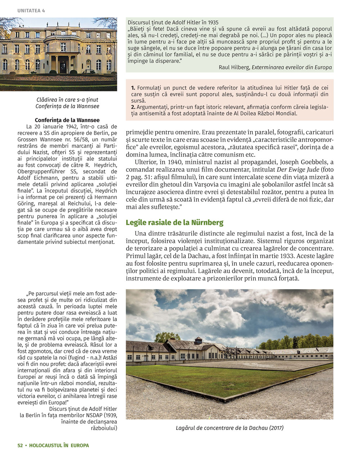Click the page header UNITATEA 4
click(x=31, y=11)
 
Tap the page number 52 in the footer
click(x=20, y=445)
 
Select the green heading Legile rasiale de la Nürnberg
click(x=174, y=223)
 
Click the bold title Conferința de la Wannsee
click(x=67, y=120)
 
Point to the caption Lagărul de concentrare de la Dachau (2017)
click(x=230, y=428)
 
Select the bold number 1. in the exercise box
click(x=133, y=88)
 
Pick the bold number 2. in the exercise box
click(x=133, y=107)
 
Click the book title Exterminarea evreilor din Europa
click(x=292, y=67)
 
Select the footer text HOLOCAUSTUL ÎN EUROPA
click(x=59, y=445)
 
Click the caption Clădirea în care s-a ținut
click(x=67, y=100)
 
